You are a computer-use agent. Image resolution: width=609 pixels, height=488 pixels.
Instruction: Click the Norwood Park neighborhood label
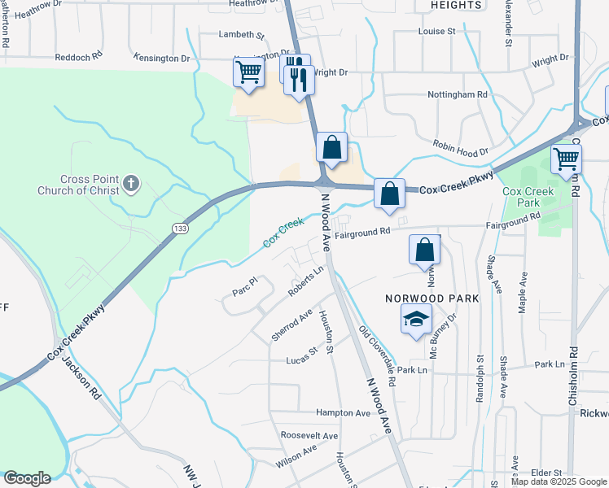pos(432,298)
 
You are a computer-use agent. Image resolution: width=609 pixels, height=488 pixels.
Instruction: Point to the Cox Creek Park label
pos(528,197)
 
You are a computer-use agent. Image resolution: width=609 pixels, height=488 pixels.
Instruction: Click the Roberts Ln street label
pos(306,281)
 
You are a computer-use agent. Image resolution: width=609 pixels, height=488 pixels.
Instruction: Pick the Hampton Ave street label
pos(343,413)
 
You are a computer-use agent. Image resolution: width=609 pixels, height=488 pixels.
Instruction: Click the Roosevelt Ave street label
pos(309,436)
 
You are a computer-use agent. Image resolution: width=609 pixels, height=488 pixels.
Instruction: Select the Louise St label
pos(436,31)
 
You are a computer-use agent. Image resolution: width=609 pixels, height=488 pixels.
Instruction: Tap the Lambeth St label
pos(243,35)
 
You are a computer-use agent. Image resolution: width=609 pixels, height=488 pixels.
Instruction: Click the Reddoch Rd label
pos(78,59)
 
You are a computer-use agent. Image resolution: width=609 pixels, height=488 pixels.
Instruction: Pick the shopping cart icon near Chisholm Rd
pos(566,159)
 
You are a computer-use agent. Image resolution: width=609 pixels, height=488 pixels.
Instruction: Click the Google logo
pos(27,478)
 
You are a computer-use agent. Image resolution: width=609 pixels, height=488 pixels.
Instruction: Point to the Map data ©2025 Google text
pos(558,481)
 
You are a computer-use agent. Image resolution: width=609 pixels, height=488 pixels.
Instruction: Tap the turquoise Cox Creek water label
pos(283,233)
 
